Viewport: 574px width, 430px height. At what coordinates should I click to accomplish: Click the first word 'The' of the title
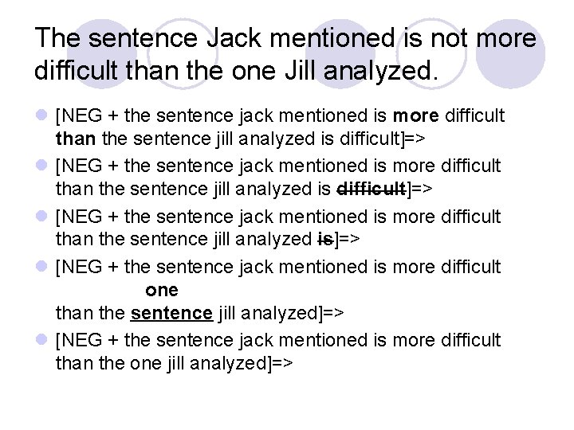click(60, 38)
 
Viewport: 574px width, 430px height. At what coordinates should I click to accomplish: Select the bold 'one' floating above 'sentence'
click(162, 290)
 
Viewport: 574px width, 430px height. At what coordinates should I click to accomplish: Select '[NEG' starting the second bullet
click(78, 166)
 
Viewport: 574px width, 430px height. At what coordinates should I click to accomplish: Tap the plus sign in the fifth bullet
click(115, 340)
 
